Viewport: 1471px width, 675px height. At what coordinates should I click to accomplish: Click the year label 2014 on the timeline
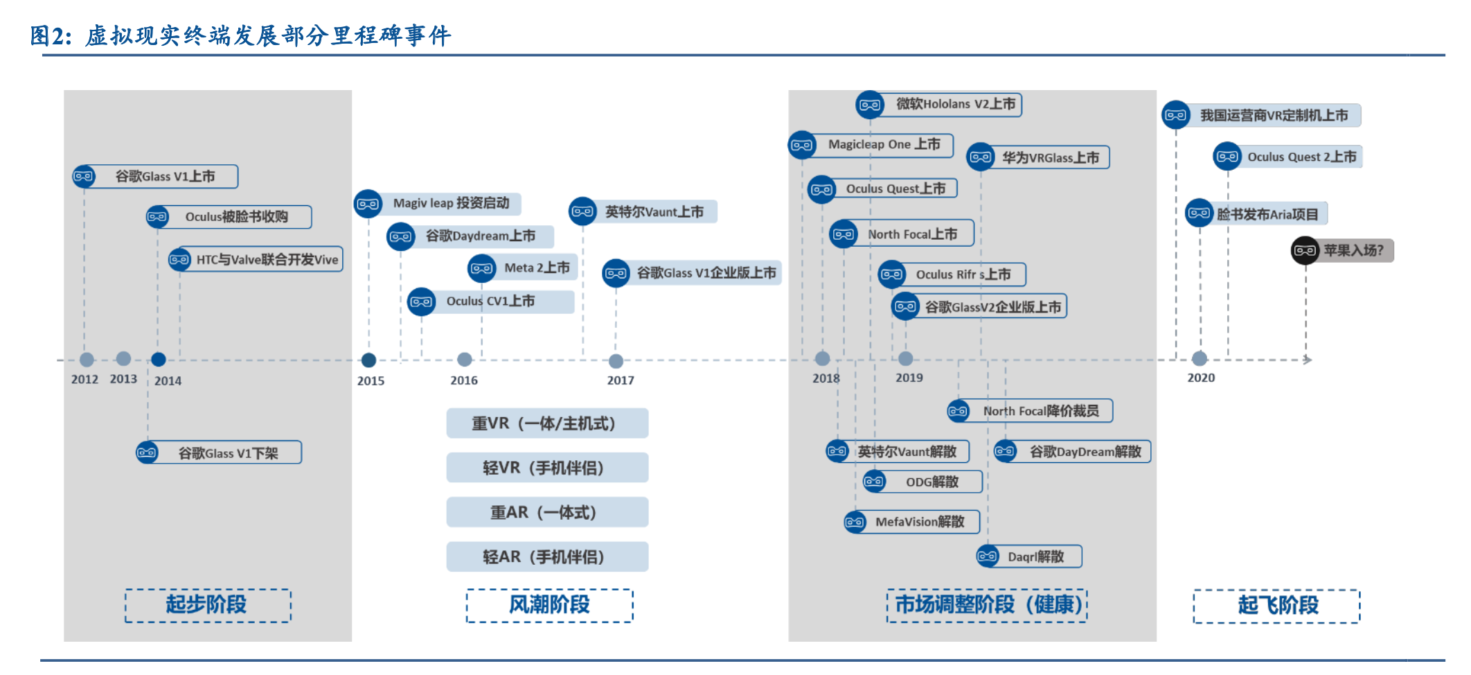[x=168, y=380]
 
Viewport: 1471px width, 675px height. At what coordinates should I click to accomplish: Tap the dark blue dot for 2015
[x=368, y=360]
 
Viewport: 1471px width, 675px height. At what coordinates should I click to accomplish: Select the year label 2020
[x=1201, y=378]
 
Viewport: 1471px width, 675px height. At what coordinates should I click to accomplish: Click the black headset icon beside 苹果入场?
[x=1305, y=250]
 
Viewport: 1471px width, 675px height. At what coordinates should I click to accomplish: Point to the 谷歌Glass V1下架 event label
[x=228, y=453]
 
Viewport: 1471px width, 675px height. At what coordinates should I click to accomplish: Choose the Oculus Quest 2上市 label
[x=1301, y=157]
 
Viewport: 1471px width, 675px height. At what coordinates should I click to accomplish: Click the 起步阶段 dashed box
[x=208, y=605]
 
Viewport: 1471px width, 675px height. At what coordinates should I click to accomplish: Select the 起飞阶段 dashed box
[x=1276, y=606]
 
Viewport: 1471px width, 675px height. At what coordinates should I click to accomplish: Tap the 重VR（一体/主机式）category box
[x=547, y=423]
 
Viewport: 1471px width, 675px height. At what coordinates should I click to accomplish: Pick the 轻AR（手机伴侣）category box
[x=547, y=556]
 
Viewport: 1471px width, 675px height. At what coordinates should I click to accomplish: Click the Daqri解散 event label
[x=1036, y=556]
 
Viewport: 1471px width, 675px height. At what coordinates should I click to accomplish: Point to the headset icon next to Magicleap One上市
[x=802, y=145]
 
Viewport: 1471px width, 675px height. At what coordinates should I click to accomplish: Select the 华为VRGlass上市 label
[x=1050, y=157]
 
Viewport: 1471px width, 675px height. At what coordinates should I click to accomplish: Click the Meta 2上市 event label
[x=537, y=268]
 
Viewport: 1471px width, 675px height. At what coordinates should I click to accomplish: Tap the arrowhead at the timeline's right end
[x=1307, y=360]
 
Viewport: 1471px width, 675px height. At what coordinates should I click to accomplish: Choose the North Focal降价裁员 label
[x=1040, y=411]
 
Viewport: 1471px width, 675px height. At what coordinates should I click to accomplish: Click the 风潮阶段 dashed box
[x=549, y=605]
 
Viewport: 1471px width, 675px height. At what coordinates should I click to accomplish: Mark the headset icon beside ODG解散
[x=874, y=481]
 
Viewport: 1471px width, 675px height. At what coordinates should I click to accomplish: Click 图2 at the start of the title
[x=50, y=35]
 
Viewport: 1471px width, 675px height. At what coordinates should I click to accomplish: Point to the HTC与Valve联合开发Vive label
[x=267, y=259]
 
